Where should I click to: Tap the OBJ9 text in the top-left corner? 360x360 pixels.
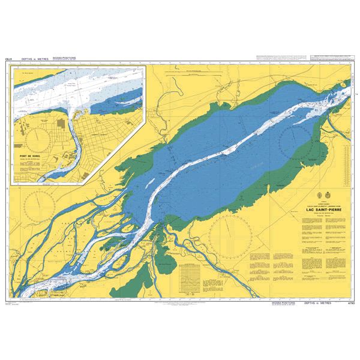(x=8, y=60)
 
